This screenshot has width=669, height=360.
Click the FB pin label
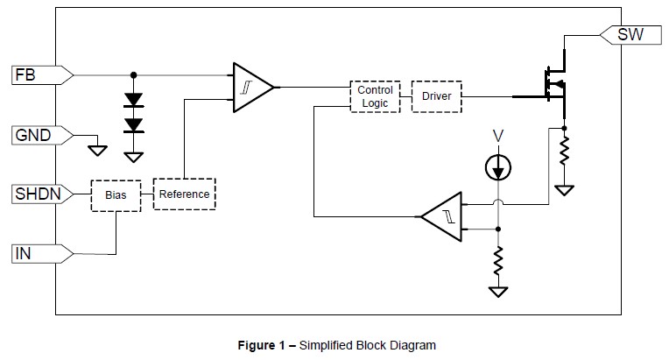[24, 75]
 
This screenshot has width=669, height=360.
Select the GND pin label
[32, 136]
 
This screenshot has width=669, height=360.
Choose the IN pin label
[24, 254]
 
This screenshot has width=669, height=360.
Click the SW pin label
[630, 35]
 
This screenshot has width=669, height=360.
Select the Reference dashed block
[184, 194]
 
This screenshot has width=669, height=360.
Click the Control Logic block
[375, 96]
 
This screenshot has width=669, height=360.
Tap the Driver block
[436, 95]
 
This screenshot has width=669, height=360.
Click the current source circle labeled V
[498, 167]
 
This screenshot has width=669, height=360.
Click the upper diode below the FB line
[133, 100]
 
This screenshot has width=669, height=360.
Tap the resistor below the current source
[498, 260]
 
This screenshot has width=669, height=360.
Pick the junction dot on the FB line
[133, 75]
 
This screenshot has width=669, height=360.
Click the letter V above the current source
[497, 136]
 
